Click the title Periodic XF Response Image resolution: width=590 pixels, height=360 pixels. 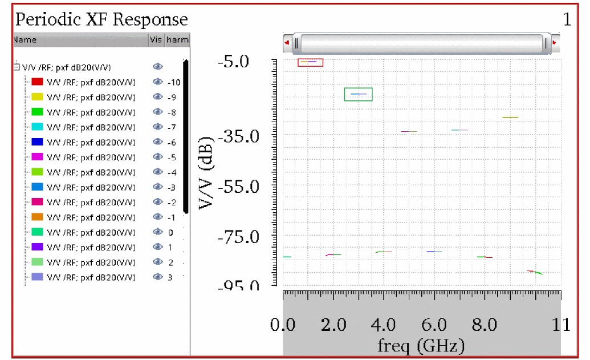tap(101, 19)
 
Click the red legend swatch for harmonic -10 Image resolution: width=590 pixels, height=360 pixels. tap(38, 82)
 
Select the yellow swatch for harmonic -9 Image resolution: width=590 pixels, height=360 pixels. tap(38, 98)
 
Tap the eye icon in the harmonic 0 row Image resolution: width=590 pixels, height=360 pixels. tap(157, 232)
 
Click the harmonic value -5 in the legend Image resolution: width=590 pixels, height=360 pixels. tap(172, 157)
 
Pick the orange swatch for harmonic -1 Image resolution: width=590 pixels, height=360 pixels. tap(38, 217)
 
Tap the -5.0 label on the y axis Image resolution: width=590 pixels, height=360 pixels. tap(234, 60)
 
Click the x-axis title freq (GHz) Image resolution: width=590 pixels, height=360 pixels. tap(421, 345)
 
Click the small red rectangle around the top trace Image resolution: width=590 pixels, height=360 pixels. tap(311, 62)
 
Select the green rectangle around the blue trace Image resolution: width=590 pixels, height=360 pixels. tap(359, 94)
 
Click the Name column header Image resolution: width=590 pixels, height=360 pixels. tap(25, 40)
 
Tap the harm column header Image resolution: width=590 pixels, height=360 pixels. tap(177, 40)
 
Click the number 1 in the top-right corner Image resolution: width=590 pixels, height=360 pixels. tap(567, 20)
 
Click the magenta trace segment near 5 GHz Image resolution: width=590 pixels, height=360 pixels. tap(409, 131)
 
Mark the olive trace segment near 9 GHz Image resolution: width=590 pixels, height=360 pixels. tap(510, 117)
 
